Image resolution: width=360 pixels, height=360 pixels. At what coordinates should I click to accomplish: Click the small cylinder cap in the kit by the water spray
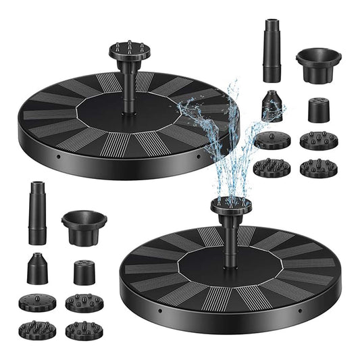[x=318, y=109]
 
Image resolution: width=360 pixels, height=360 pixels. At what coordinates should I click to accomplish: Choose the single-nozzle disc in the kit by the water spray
[x=272, y=140]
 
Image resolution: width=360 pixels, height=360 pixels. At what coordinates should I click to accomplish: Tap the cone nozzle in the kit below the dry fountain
[x=37, y=269]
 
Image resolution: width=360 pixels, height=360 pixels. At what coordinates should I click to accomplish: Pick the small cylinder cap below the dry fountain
[x=84, y=271]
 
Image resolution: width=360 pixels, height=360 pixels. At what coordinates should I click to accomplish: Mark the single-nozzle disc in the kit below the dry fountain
[x=38, y=302]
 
